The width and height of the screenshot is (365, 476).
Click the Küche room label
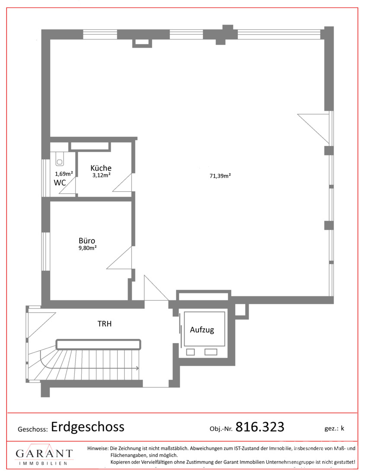pyautogui.click(x=101, y=168)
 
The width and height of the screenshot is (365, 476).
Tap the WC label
pyautogui.click(x=60, y=183)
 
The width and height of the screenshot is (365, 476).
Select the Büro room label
pyautogui.click(x=86, y=241)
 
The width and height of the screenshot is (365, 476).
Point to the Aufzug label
pyautogui.click(x=202, y=330)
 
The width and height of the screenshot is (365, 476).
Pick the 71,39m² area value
pyautogui.click(x=220, y=176)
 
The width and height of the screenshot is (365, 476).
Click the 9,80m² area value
pyautogui.click(x=87, y=248)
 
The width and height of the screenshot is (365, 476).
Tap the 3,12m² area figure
pyautogui.click(x=101, y=175)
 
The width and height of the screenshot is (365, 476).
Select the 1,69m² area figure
pyautogui.click(x=64, y=174)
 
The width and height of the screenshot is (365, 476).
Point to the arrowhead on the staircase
pyautogui.click(x=137, y=368)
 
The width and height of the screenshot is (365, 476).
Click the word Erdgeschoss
pyautogui.click(x=88, y=427)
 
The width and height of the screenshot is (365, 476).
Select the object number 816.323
pyautogui.click(x=259, y=427)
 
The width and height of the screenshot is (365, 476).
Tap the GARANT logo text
pyautogui.click(x=44, y=453)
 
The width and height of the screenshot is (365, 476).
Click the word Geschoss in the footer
pyautogui.click(x=32, y=430)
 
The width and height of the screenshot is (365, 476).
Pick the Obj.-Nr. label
pyautogui.click(x=221, y=429)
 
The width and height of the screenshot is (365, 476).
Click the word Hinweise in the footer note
pyautogui.click(x=98, y=448)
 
